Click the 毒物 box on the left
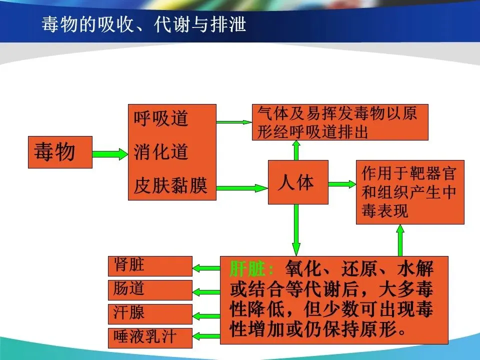[x=60, y=152]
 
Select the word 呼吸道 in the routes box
[x=161, y=119]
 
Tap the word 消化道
[x=161, y=152]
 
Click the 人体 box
[x=298, y=182]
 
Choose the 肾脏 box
[x=150, y=266]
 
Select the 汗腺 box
[x=150, y=314]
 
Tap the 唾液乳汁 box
[x=150, y=337]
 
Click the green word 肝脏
[x=251, y=269]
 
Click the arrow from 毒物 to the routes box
[x=110, y=154]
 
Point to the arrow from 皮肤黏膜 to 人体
[x=242, y=188]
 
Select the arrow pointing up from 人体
[x=296, y=150]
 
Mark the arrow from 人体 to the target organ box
[x=342, y=184]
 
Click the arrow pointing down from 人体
[x=296, y=230]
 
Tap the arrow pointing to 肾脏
[x=206, y=268]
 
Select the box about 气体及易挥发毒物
[x=340, y=122]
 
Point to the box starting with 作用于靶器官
[x=409, y=192]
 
